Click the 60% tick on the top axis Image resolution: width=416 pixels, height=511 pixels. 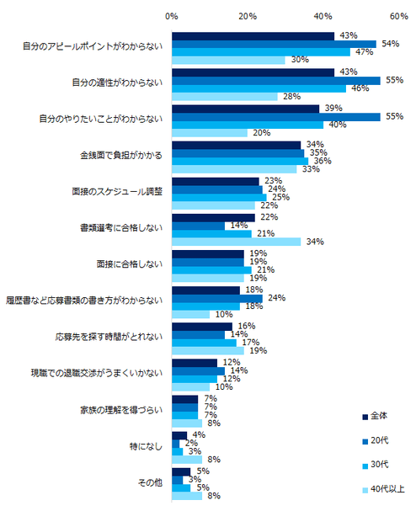tap(399, 16)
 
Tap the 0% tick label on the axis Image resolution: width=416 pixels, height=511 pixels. tap(172, 16)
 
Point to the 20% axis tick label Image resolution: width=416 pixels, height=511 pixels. tap(248, 16)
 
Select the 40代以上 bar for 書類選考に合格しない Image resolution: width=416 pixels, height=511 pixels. tap(236, 242)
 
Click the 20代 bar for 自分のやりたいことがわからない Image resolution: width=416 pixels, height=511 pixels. tap(275, 116)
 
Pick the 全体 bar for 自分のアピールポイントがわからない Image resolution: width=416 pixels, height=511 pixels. tap(253, 35)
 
